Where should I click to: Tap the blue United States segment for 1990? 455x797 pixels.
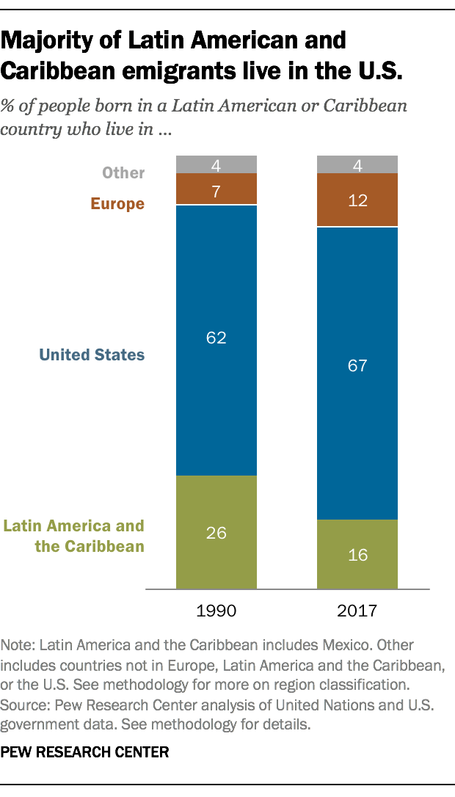216,396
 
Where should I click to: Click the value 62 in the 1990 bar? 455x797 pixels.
216,338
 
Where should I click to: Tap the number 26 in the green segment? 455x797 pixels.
216,533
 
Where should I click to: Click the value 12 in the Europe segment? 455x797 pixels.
357,200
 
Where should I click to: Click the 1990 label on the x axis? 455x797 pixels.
216,611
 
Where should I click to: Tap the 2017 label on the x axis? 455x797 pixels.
357,611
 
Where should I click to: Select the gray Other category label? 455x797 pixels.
123,173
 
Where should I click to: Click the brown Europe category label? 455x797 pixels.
117,204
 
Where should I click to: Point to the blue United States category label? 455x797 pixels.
92,355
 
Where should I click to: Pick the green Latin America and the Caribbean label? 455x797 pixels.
74,536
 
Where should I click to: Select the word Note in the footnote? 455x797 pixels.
17,645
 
